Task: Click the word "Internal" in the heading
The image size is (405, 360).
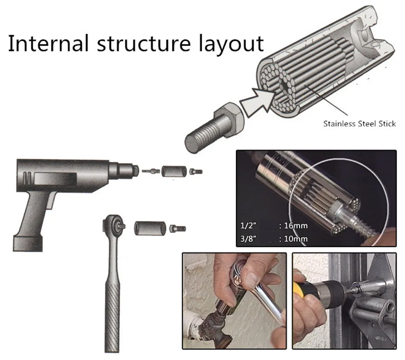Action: coord(49,43)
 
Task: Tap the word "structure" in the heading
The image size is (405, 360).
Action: coord(144,44)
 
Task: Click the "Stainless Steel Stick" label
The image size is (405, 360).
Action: coord(359,124)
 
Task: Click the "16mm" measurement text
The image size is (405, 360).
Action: coord(296,226)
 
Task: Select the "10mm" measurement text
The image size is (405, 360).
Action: coord(296,239)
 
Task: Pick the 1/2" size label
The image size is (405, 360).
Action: coord(248,226)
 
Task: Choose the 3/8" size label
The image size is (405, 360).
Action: coord(248,239)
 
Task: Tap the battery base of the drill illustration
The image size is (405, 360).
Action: coord(28,243)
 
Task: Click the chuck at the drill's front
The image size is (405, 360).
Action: coord(126,170)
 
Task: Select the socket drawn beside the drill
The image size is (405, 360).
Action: coord(174,171)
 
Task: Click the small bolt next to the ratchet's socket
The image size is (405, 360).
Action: coord(177,228)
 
